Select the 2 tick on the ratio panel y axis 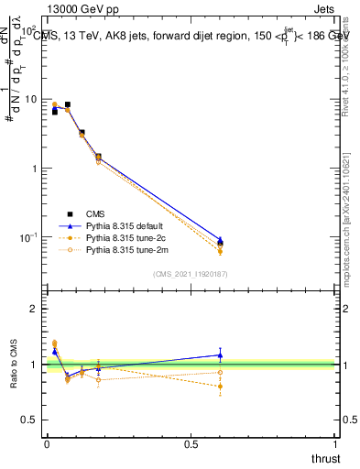(34, 310)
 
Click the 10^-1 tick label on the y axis (27, 237)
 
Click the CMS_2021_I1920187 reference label (191, 273)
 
